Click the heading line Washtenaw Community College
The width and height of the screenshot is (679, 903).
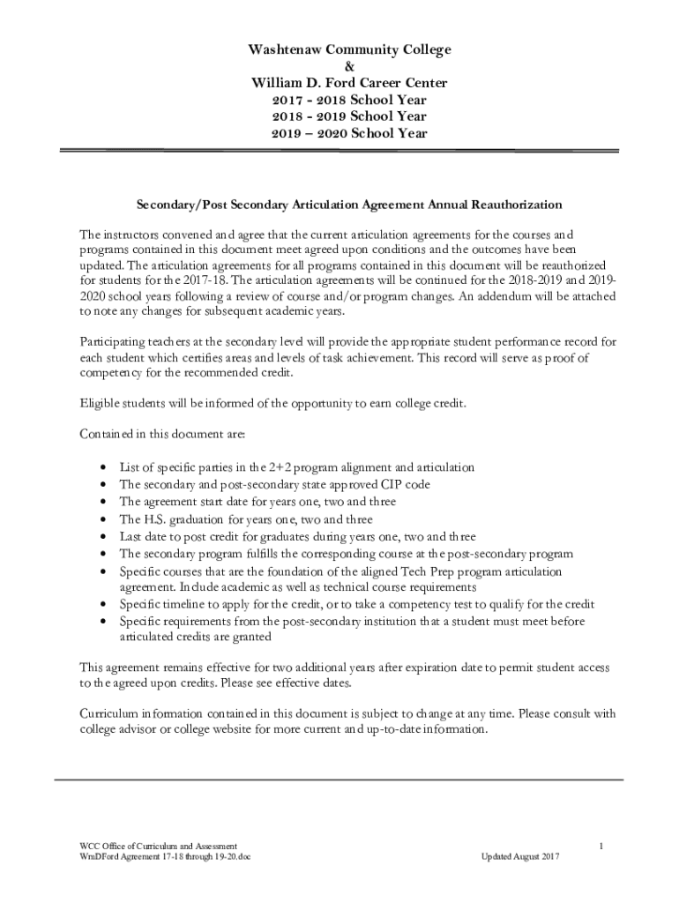(339, 49)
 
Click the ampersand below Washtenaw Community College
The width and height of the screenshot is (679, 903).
(339, 66)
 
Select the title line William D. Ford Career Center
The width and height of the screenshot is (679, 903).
(339, 83)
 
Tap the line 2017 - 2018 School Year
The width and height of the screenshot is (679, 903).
(339, 100)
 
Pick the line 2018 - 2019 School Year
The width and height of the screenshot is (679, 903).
(339, 116)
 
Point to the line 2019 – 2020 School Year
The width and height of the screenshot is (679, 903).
(339, 133)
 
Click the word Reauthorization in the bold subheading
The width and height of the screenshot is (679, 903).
(509, 205)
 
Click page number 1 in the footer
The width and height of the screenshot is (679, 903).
(600, 847)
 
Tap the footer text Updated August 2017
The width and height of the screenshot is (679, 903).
(520, 856)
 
